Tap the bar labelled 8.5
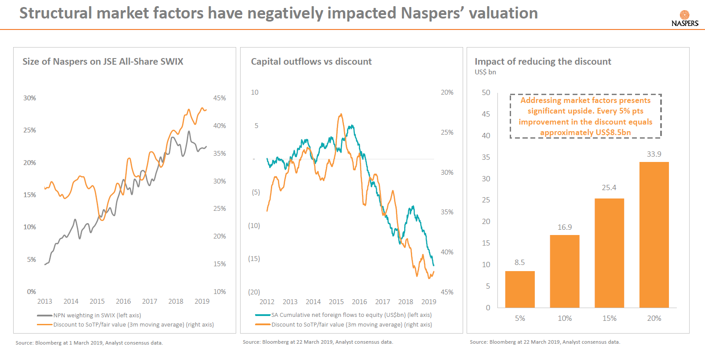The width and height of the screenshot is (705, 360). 520,289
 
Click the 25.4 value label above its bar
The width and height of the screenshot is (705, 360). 609,187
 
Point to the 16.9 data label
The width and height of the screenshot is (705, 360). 565,227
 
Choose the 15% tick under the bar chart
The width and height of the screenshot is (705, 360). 609,318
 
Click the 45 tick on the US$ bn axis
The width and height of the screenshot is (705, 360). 486,114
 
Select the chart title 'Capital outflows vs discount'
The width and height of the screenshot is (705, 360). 311,62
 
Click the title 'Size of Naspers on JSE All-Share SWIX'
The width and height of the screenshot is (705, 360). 103,62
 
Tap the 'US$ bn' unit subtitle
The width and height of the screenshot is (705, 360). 485,72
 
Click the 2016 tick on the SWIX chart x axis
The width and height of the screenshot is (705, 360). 123,301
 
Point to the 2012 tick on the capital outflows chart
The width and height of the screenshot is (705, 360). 267,302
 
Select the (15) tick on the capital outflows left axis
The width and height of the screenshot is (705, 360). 254,259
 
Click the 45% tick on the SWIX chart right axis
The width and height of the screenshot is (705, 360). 219,98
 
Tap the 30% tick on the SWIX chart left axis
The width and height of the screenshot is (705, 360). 29,98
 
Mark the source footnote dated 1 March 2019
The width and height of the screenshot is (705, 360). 89,343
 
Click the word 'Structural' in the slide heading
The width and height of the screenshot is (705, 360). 55,13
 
